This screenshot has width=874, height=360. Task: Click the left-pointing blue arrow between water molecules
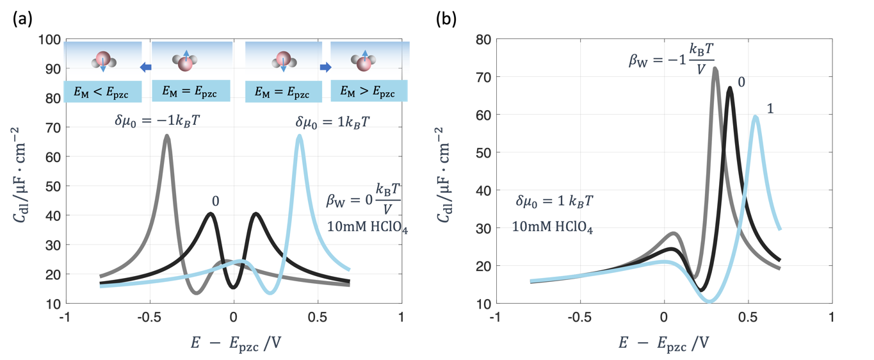(145, 66)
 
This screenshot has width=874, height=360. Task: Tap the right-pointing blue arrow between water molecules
(325, 66)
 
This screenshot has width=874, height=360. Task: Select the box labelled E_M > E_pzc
(369, 92)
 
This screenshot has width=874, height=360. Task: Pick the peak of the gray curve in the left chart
(167, 135)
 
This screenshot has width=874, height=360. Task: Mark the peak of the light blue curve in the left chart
(299, 135)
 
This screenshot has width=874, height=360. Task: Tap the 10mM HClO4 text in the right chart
(552, 226)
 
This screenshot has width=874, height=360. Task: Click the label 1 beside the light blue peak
(770, 109)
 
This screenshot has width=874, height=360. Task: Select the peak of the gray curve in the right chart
(715, 68)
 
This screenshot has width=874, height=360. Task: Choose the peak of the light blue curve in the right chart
(756, 116)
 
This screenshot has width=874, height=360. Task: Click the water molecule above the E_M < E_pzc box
(103, 60)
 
